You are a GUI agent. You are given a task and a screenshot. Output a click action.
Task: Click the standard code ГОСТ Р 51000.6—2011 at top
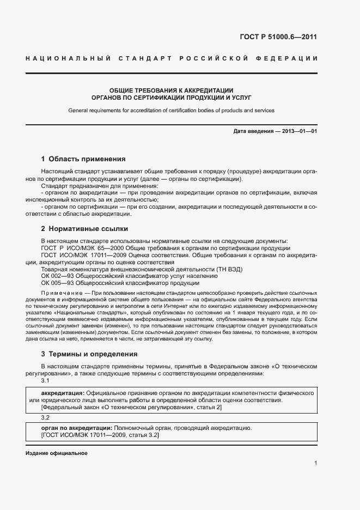(278, 38)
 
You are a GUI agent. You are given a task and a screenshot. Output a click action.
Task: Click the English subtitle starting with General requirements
(171, 110)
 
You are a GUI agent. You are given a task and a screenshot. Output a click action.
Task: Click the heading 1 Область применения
(83, 159)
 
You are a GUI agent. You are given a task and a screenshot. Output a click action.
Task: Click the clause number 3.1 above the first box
(46, 380)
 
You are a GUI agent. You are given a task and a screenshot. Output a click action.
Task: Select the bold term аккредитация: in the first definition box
(63, 393)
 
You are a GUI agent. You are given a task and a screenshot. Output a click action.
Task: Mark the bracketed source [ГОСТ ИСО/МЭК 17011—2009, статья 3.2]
(100, 435)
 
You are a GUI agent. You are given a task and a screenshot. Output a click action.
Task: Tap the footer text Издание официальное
(56, 453)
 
